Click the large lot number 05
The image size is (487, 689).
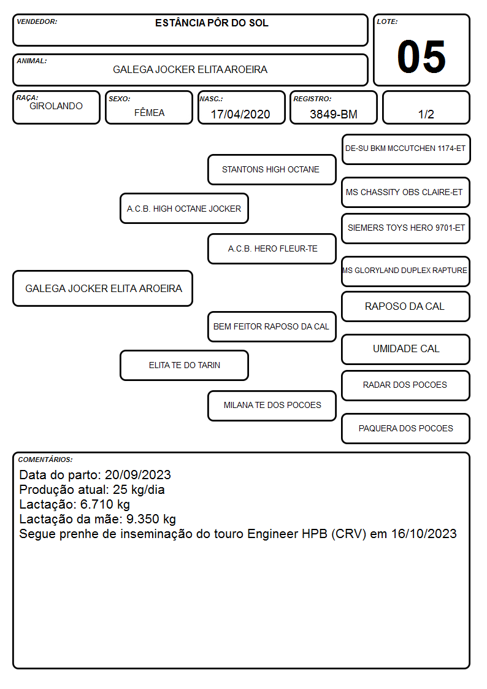coord(421,56)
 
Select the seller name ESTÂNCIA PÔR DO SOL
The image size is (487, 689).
coord(212,23)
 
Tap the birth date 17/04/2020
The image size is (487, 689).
coord(240,114)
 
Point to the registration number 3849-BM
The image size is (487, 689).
coord(333,114)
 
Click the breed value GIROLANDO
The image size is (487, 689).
coord(56,106)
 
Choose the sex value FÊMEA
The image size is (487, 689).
coord(149,112)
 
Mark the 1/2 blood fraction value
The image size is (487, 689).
coord(426,114)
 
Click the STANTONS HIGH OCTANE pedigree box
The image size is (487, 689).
coord(272,169)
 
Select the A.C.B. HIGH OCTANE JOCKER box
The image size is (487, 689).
coord(184,209)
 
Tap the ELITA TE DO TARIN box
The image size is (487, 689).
coord(184,365)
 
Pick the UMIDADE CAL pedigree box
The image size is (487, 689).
coord(406,349)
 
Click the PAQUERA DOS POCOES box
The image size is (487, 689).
coord(406,428)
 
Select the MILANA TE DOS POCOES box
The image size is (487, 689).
coord(272,406)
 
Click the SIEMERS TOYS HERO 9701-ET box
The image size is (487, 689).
coord(406,228)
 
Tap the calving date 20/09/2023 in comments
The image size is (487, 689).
coord(138,475)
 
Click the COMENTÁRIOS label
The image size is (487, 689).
coord(45,460)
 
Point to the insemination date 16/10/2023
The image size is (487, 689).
coord(424,534)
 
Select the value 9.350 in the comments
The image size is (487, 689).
coord(143,520)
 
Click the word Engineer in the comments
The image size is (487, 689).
coord(271,534)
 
